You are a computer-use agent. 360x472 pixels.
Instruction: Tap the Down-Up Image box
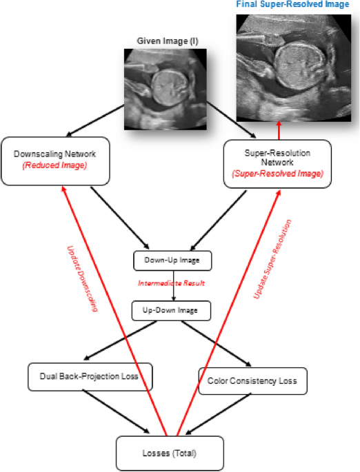click(172, 260)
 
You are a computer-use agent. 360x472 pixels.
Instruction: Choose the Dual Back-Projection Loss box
click(90, 377)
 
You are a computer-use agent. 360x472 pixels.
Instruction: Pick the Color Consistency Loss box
click(252, 380)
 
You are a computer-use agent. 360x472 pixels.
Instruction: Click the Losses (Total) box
click(170, 453)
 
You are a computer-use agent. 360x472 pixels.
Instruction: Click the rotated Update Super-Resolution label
click(272, 258)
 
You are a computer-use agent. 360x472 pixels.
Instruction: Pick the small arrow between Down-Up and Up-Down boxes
click(171, 291)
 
